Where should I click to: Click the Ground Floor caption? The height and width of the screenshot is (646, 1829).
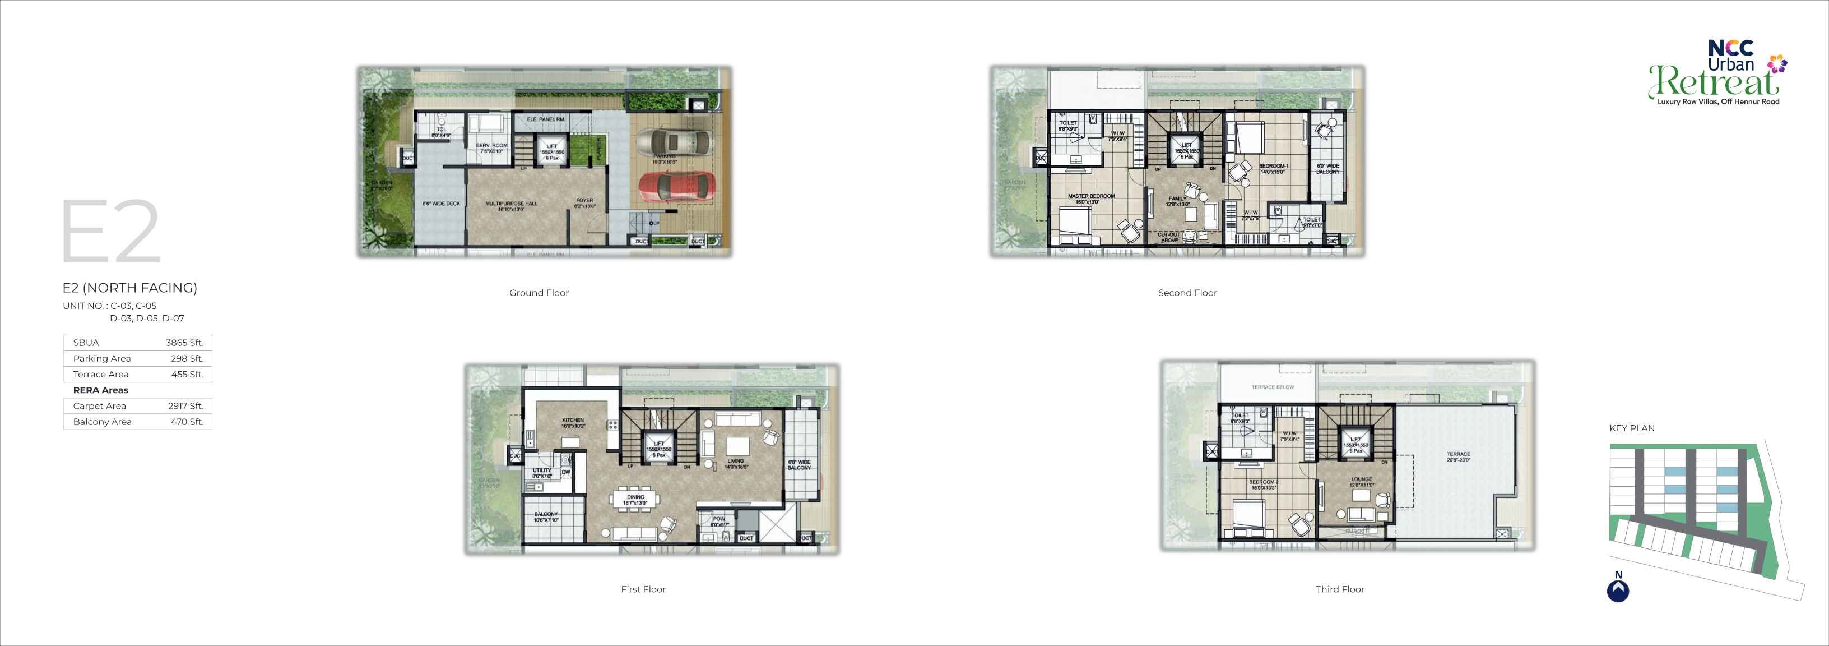[539, 293]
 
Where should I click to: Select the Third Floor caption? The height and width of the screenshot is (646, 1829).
[1340, 589]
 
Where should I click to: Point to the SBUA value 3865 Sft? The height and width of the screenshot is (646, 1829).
[184, 343]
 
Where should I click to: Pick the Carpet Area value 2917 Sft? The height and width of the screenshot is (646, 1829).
[186, 406]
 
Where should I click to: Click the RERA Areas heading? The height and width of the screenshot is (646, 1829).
[101, 390]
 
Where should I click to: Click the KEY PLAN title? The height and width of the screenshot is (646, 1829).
[1632, 428]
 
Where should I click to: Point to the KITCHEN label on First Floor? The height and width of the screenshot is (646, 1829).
[573, 422]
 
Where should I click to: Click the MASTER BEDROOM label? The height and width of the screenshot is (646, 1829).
[1092, 199]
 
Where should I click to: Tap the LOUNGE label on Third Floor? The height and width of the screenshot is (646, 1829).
[1361, 482]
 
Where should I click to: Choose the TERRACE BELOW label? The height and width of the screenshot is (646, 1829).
[1273, 387]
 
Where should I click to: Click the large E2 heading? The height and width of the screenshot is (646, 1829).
[111, 232]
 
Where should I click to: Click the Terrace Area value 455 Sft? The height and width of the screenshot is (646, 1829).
[188, 375]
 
